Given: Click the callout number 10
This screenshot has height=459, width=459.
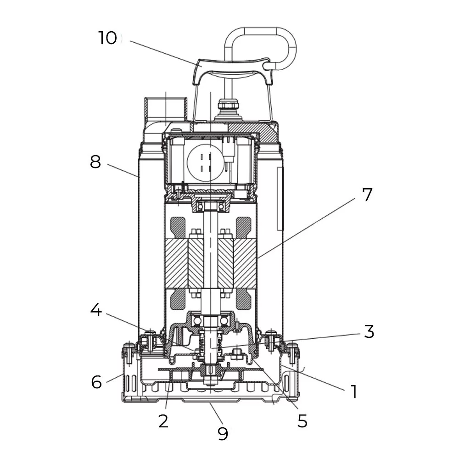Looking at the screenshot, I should (107, 38).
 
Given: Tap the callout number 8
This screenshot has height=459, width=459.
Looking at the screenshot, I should (95, 162).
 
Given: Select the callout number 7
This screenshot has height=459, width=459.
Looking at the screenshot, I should (367, 195).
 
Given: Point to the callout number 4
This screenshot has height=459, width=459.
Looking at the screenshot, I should (95, 310).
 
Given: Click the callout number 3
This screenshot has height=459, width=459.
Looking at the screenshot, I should (369, 331).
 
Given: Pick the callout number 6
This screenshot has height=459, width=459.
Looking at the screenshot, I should (96, 381).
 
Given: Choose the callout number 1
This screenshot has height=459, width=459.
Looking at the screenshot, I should (353, 392).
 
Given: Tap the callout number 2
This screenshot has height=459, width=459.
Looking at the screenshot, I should (163, 420).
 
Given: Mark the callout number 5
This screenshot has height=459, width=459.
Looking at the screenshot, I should (302, 420).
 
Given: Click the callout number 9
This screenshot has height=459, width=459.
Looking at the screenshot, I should (223, 433).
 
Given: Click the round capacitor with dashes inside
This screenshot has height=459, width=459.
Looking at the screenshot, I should (206, 162).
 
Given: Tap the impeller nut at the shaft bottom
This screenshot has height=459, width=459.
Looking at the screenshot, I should (211, 379).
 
